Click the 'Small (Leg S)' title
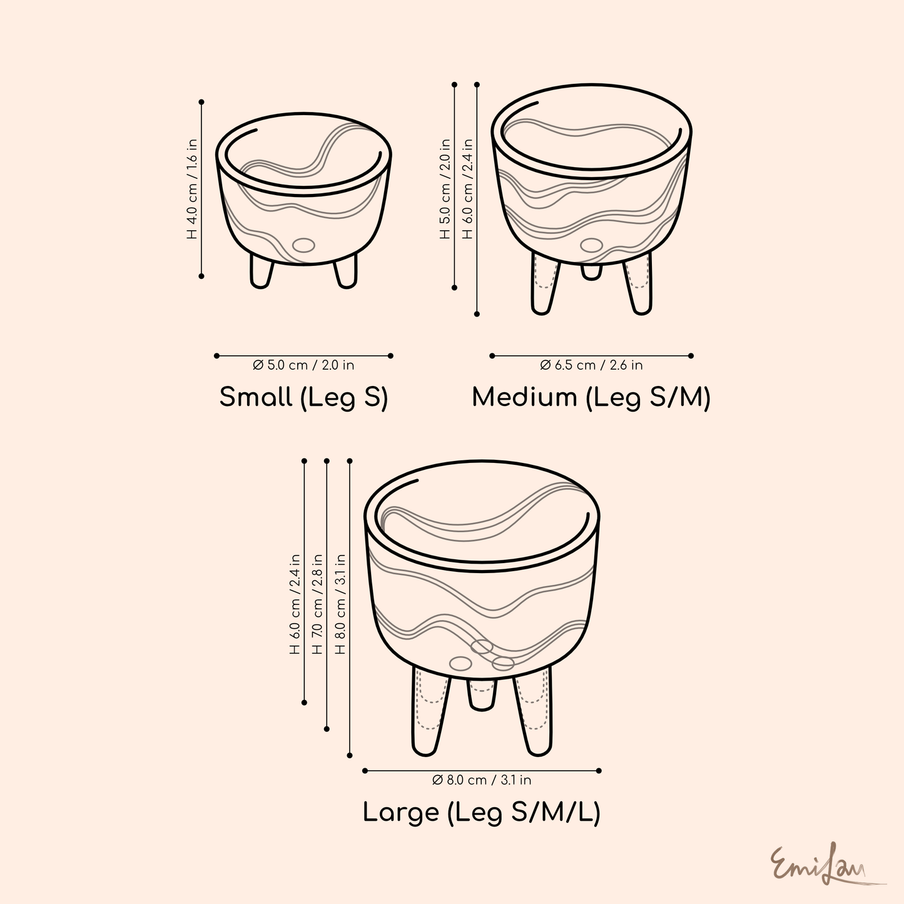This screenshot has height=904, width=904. [x=303, y=398]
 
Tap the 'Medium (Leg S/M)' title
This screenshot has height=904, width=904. [x=591, y=398]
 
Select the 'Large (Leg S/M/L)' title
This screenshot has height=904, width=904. [x=482, y=813]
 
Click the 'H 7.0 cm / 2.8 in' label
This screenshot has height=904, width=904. [x=317, y=604]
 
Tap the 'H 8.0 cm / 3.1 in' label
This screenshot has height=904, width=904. [x=340, y=604]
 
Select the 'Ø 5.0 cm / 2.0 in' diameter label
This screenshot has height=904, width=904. [x=303, y=365]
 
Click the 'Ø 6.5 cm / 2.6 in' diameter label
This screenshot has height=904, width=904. [x=591, y=365]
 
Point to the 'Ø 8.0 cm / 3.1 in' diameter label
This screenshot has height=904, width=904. [x=482, y=780]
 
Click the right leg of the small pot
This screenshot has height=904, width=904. [x=346, y=270]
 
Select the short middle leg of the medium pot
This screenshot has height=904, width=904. [x=591, y=270]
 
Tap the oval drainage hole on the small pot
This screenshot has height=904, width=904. [x=304, y=245]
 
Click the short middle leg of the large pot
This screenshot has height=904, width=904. [x=482, y=694]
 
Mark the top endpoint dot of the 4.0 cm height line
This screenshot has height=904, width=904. [x=201, y=101]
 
